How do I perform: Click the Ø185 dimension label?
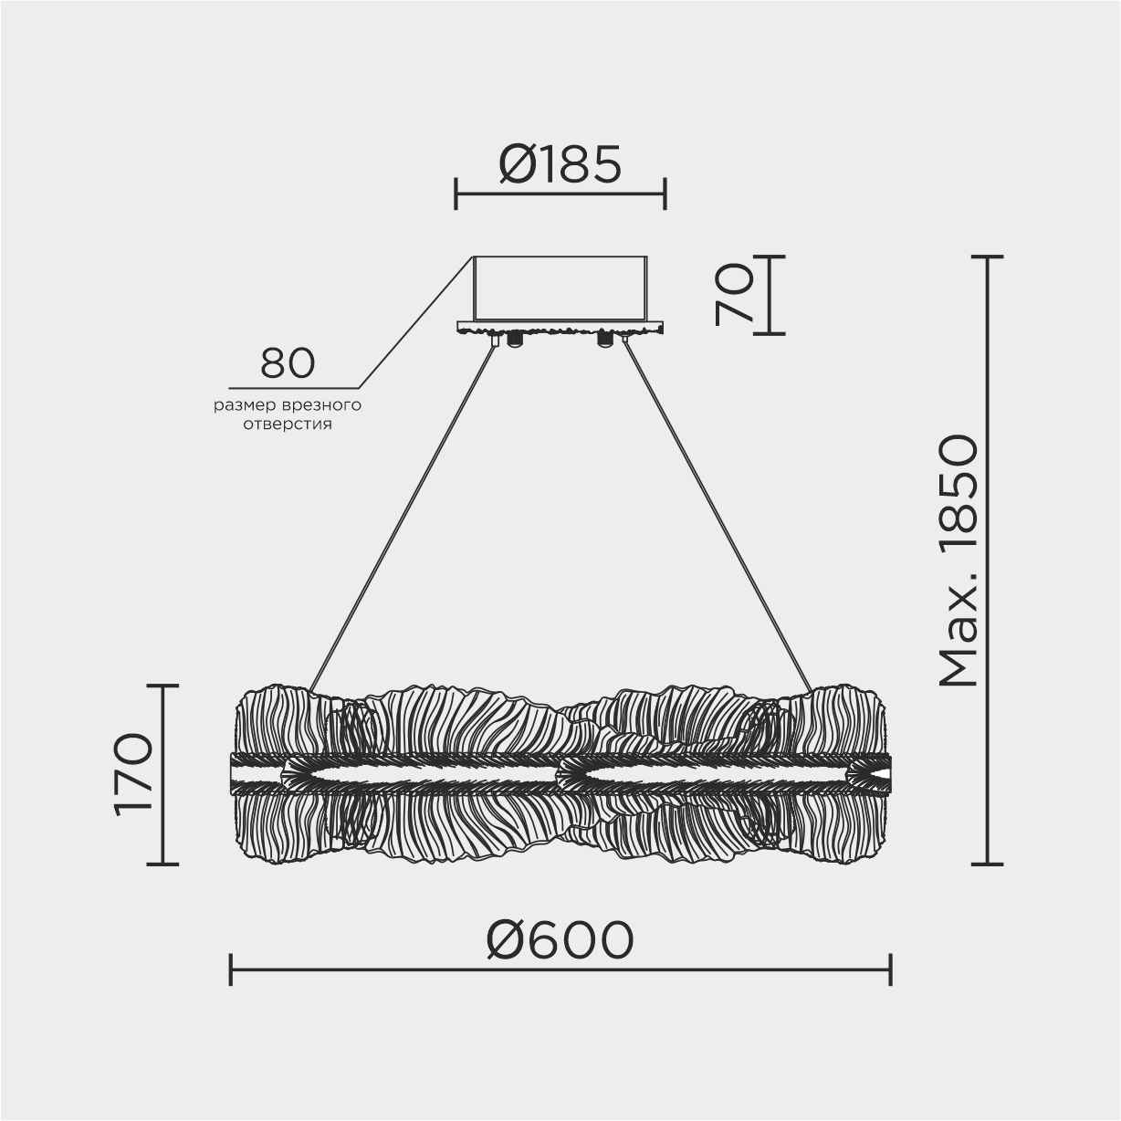(x=560, y=165)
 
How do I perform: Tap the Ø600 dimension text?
(x=560, y=940)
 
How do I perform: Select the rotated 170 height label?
(x=133, y=773)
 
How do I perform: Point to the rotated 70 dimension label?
(x=735, y=294)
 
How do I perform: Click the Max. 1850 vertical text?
(x=958, y=561)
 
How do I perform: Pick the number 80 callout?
(x=288, y=363)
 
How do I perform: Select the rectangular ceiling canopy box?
(x=560, y=288)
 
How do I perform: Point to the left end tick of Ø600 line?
(x=231, y=969)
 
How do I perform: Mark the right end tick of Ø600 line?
(x=890, y=969)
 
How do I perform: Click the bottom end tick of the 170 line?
(x=162, y=864)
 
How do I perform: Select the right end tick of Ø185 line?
(x=665, y=194)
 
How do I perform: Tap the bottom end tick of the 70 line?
(x=769, y=333)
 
